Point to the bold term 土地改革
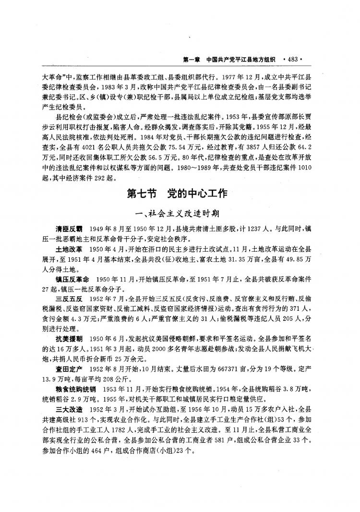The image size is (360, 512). tap(69, 251)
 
